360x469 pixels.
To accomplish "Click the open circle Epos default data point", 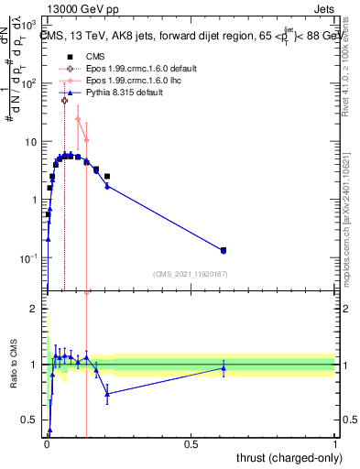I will [x=64, y=101].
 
